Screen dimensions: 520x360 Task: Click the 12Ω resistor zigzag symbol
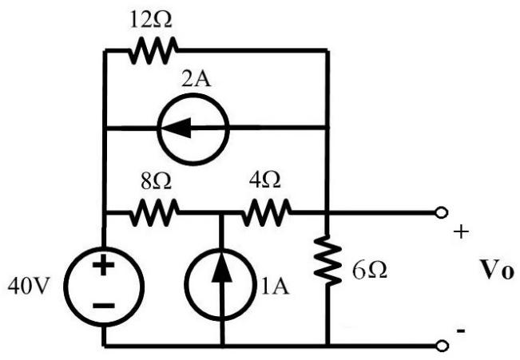pos(153,50)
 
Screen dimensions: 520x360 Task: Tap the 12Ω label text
pos(151,20)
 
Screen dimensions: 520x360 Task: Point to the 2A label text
pos(196,80)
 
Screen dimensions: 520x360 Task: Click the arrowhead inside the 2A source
pos(177,128)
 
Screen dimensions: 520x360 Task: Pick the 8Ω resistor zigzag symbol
pos(154,212)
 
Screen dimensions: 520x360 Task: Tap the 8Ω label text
pos(156,181)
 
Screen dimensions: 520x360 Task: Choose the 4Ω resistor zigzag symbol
pos(266,212)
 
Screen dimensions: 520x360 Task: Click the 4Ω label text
pos(264,180)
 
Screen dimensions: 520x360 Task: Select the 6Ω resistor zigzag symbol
pos(327,260)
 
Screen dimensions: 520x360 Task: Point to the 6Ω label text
pos(370,270)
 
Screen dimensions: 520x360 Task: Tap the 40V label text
pos(29,286)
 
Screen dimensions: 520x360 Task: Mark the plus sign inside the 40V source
pos(104,265)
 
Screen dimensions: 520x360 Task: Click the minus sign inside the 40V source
pos(104,306)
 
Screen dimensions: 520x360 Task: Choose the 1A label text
pos(275,287)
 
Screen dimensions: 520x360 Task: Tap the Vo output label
pos(497,270)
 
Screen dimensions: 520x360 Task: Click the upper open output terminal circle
pos(442,212)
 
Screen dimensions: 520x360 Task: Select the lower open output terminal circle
pos(442,346)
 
